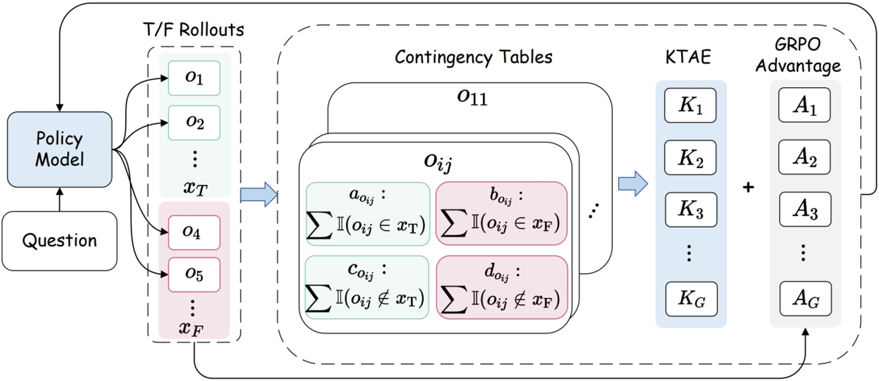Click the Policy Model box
pyautogui.click(x=59, y=149)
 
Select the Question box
pyautogui.click(x=59, y=241)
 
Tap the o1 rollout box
pyautogui.click(x=194, y=78)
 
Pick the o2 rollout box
pyautogui.click(x=194, y=123)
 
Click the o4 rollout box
pyautogui.click(x=194, y=232)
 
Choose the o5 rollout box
pyautogui.click(x=194, y=274)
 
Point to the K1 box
pyautogui.click(x=690, y=105)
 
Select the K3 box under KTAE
pyautogui.click(x=690, y=209)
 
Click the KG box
pyautogui.click(x=691, y=298)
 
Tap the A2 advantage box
pyautogui.click(x=805, y=157)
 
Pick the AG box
pyautogui.click(x=806, y=298)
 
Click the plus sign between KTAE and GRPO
pyautogui.click(x=748, y=187)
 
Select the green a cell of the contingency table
pyautogui.click(x=368, y=214)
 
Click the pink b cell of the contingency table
pyautogui.click(x=502, y=214)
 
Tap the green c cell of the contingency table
pyautogui.click(x=367, y=287)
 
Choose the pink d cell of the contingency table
pyautogui.click(x=502, y=288)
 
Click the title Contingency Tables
pyautogui.click(x=473, y=57)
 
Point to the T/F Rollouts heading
pyautogui.click(x=194, y=30)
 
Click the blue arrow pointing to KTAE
pyautogui.click(x=633, y=183)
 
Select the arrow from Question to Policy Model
pyautogui.click(x=59, y=199)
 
